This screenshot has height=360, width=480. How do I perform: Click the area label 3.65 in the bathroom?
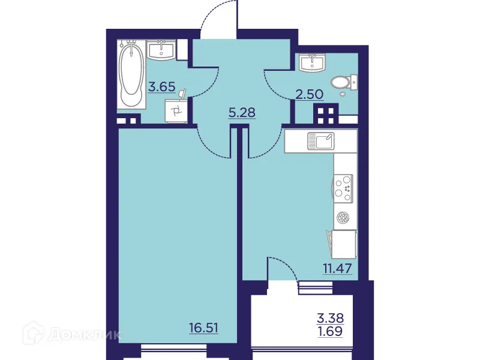(x=162, y=86)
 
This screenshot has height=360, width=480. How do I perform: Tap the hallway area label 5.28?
(x=243, y=112)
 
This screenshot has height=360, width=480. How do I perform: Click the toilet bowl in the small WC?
(x=342, y=81)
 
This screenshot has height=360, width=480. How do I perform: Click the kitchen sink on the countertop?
(x=321, y=142)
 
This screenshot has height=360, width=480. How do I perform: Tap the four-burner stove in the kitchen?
(x=344, y=187)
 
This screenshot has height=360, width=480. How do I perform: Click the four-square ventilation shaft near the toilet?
(x=327, y=113)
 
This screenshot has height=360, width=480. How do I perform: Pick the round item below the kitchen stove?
(x=343, y=218)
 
